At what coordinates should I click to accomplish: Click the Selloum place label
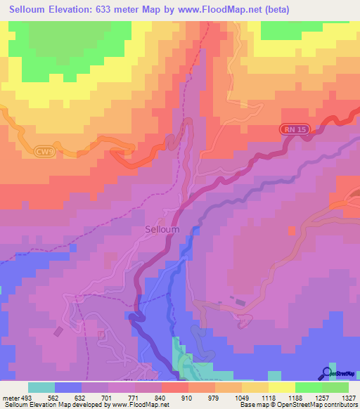(162, 229)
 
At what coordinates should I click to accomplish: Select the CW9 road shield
(44, 151)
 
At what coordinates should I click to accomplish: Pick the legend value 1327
(347, 398)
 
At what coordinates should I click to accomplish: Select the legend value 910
(186, 398)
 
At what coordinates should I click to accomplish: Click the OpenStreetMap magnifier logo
(326, 373)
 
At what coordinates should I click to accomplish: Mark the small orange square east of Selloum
(291, 229)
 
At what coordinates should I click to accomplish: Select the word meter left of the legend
(9, 398)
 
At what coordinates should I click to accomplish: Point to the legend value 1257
(320, 398)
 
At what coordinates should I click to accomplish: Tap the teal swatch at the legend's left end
(41, 387)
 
